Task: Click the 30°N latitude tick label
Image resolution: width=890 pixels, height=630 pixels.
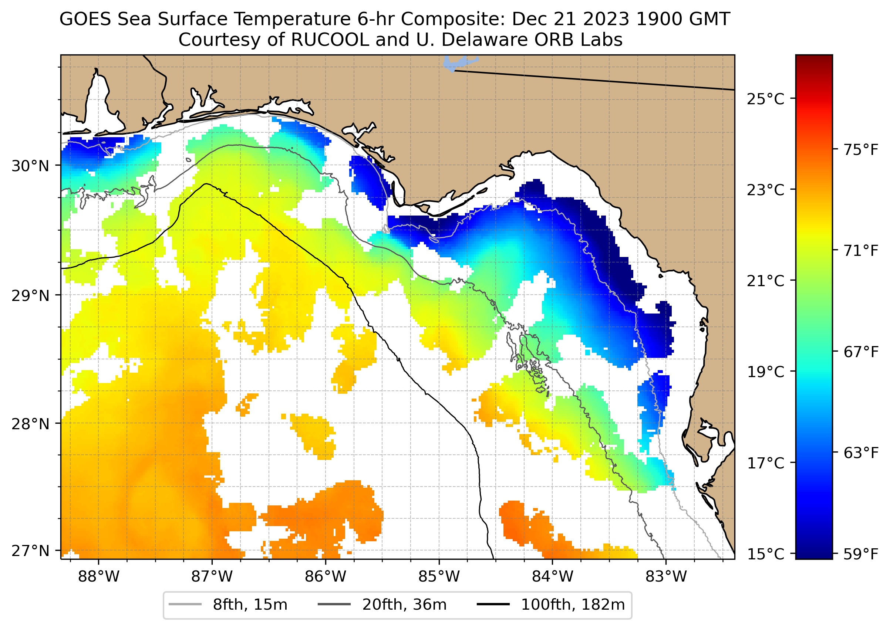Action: [30, 166]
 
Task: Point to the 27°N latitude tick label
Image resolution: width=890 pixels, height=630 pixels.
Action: [30, 551]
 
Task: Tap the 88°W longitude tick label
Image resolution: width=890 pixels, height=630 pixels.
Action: [99, 577]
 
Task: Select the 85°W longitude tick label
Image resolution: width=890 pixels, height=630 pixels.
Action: [439, 577]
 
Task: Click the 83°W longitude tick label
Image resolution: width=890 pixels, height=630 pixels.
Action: [666, 577]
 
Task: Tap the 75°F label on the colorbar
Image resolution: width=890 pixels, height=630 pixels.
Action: [861, 150]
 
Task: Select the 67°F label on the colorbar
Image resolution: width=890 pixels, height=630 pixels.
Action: [861, 352]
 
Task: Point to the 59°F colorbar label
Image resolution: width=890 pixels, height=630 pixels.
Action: [861, 554]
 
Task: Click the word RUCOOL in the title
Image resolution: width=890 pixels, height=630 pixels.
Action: [330, 40]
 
